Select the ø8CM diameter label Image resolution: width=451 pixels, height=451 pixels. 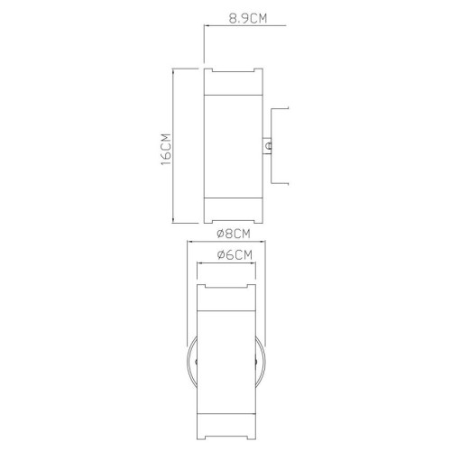pos(233,234)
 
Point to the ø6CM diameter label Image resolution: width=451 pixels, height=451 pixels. pos(234,255)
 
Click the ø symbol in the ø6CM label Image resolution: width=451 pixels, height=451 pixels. pos(222,255)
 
